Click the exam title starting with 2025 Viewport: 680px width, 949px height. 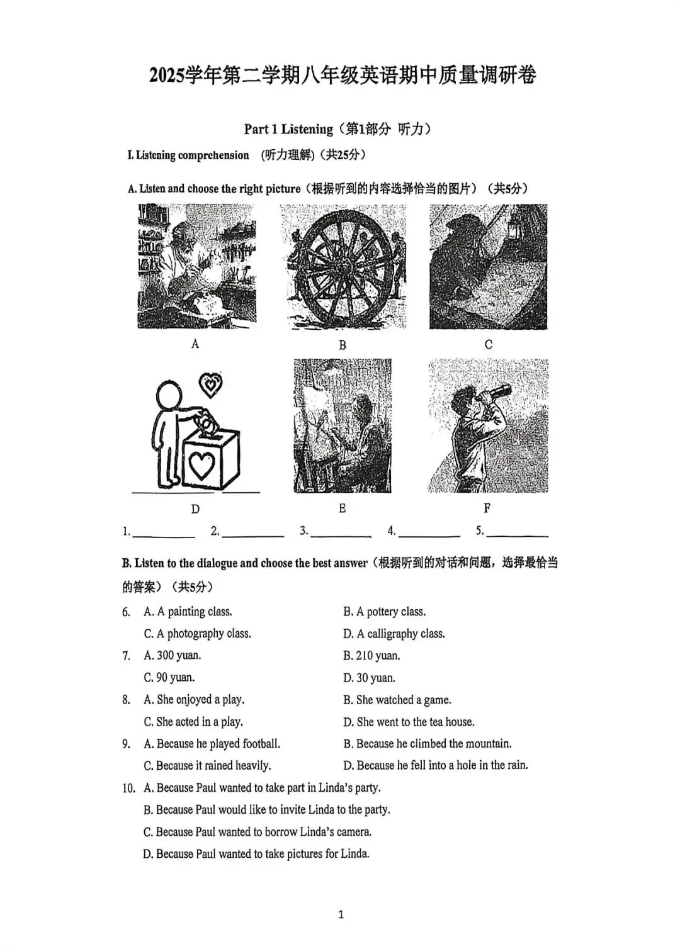pos(343,76)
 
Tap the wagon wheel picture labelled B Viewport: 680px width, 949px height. pos(343,267)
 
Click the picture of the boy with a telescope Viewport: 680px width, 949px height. pos(487,425)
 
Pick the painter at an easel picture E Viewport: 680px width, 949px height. pos(342,425)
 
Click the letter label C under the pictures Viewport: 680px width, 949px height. pos(488,344)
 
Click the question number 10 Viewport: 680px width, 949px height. pos(128,788)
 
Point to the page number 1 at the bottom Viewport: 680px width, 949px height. pos(341,914)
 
